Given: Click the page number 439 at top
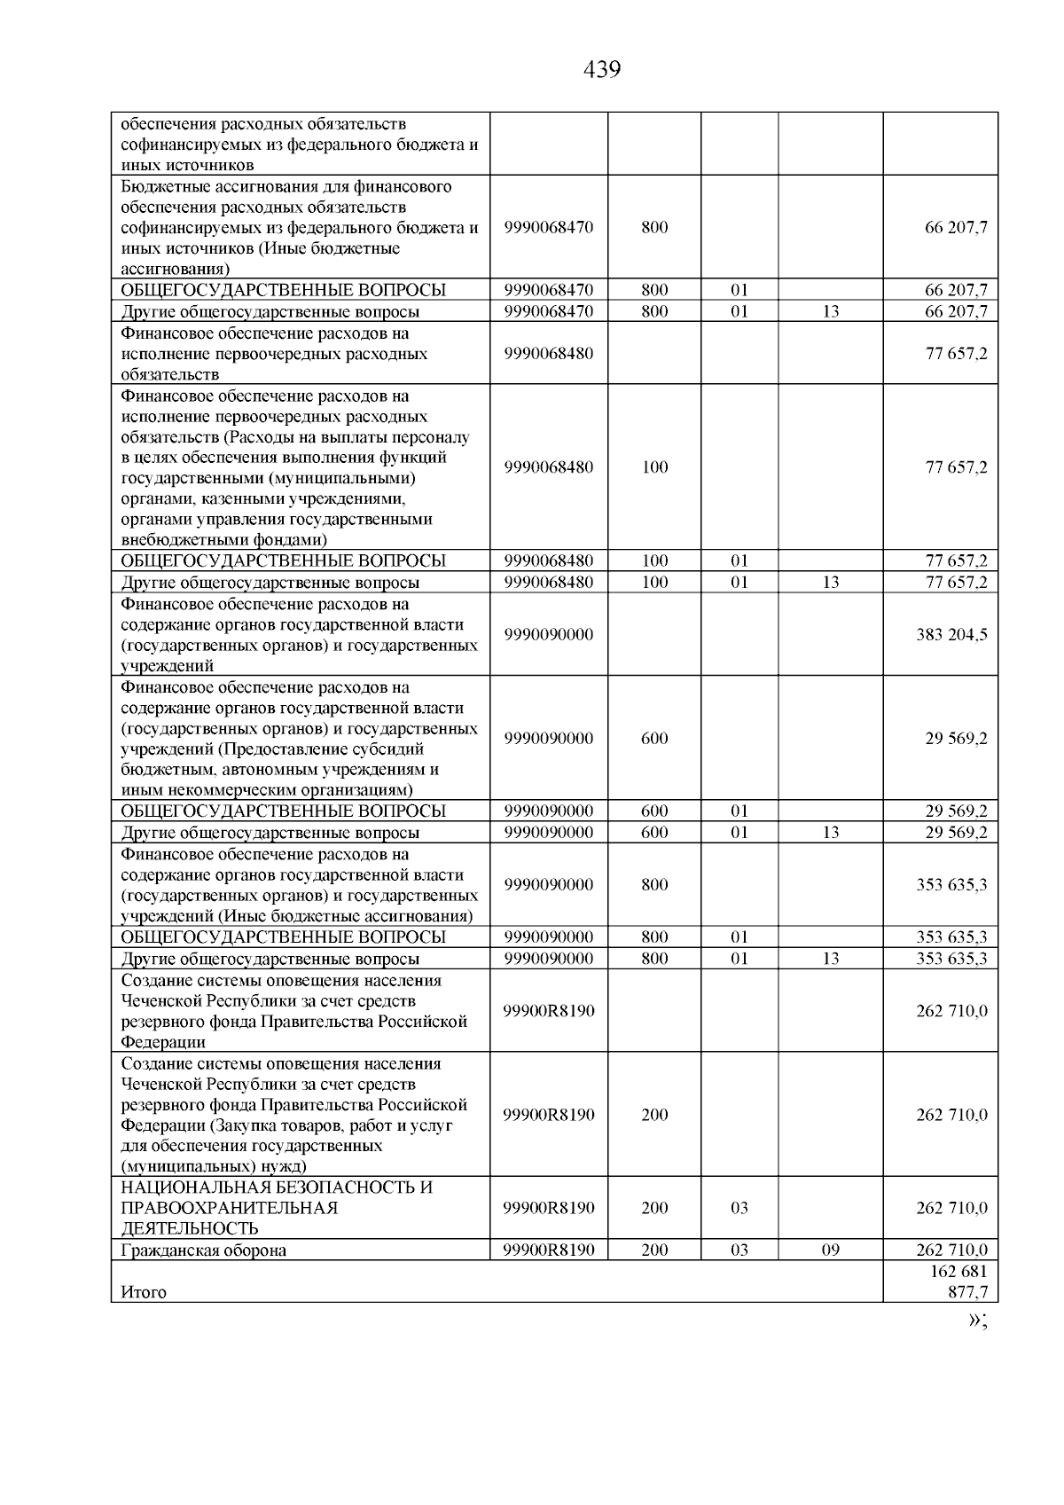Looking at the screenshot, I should pyautogui.click(x=603, y=70).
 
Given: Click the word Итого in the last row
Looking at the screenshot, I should pyautogui.click(x=144, y=1292).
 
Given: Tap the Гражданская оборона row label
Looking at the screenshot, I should pyautogui.click(x=204, y=1250).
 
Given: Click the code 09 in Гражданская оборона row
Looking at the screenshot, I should pyautogui.click(x=830, y=1250).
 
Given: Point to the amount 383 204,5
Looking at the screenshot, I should pyautogui.click(x=951, y=635).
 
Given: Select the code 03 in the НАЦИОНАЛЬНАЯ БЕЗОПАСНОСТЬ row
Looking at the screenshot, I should pyautogui.click(x=739, y=1208).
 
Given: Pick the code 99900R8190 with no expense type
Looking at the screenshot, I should pyautogui.click(x=549, y=1011).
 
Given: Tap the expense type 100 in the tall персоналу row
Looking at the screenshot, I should pyautogui.click(x=654, y=467).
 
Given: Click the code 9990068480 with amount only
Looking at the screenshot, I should pyautogui.click(x=549, y=353).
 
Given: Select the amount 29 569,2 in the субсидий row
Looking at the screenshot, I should pyautogui.click(x=956, y=739).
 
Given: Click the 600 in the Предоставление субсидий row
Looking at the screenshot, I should pyautogui.click(x=654, y=739).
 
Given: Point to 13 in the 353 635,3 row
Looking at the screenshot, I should pyautogui.click(x=830, y=959).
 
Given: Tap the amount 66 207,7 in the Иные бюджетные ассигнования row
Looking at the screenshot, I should pyautogui.click(x=956, y=227).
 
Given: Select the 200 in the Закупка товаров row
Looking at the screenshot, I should pyautogui.click(x=654, y=1115).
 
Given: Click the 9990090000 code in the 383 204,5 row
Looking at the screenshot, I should pyautogui.click(x=549, y=635).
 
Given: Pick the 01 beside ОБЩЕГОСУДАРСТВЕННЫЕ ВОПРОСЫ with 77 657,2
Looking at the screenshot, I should pyautogui.click(x=739, y=560).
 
